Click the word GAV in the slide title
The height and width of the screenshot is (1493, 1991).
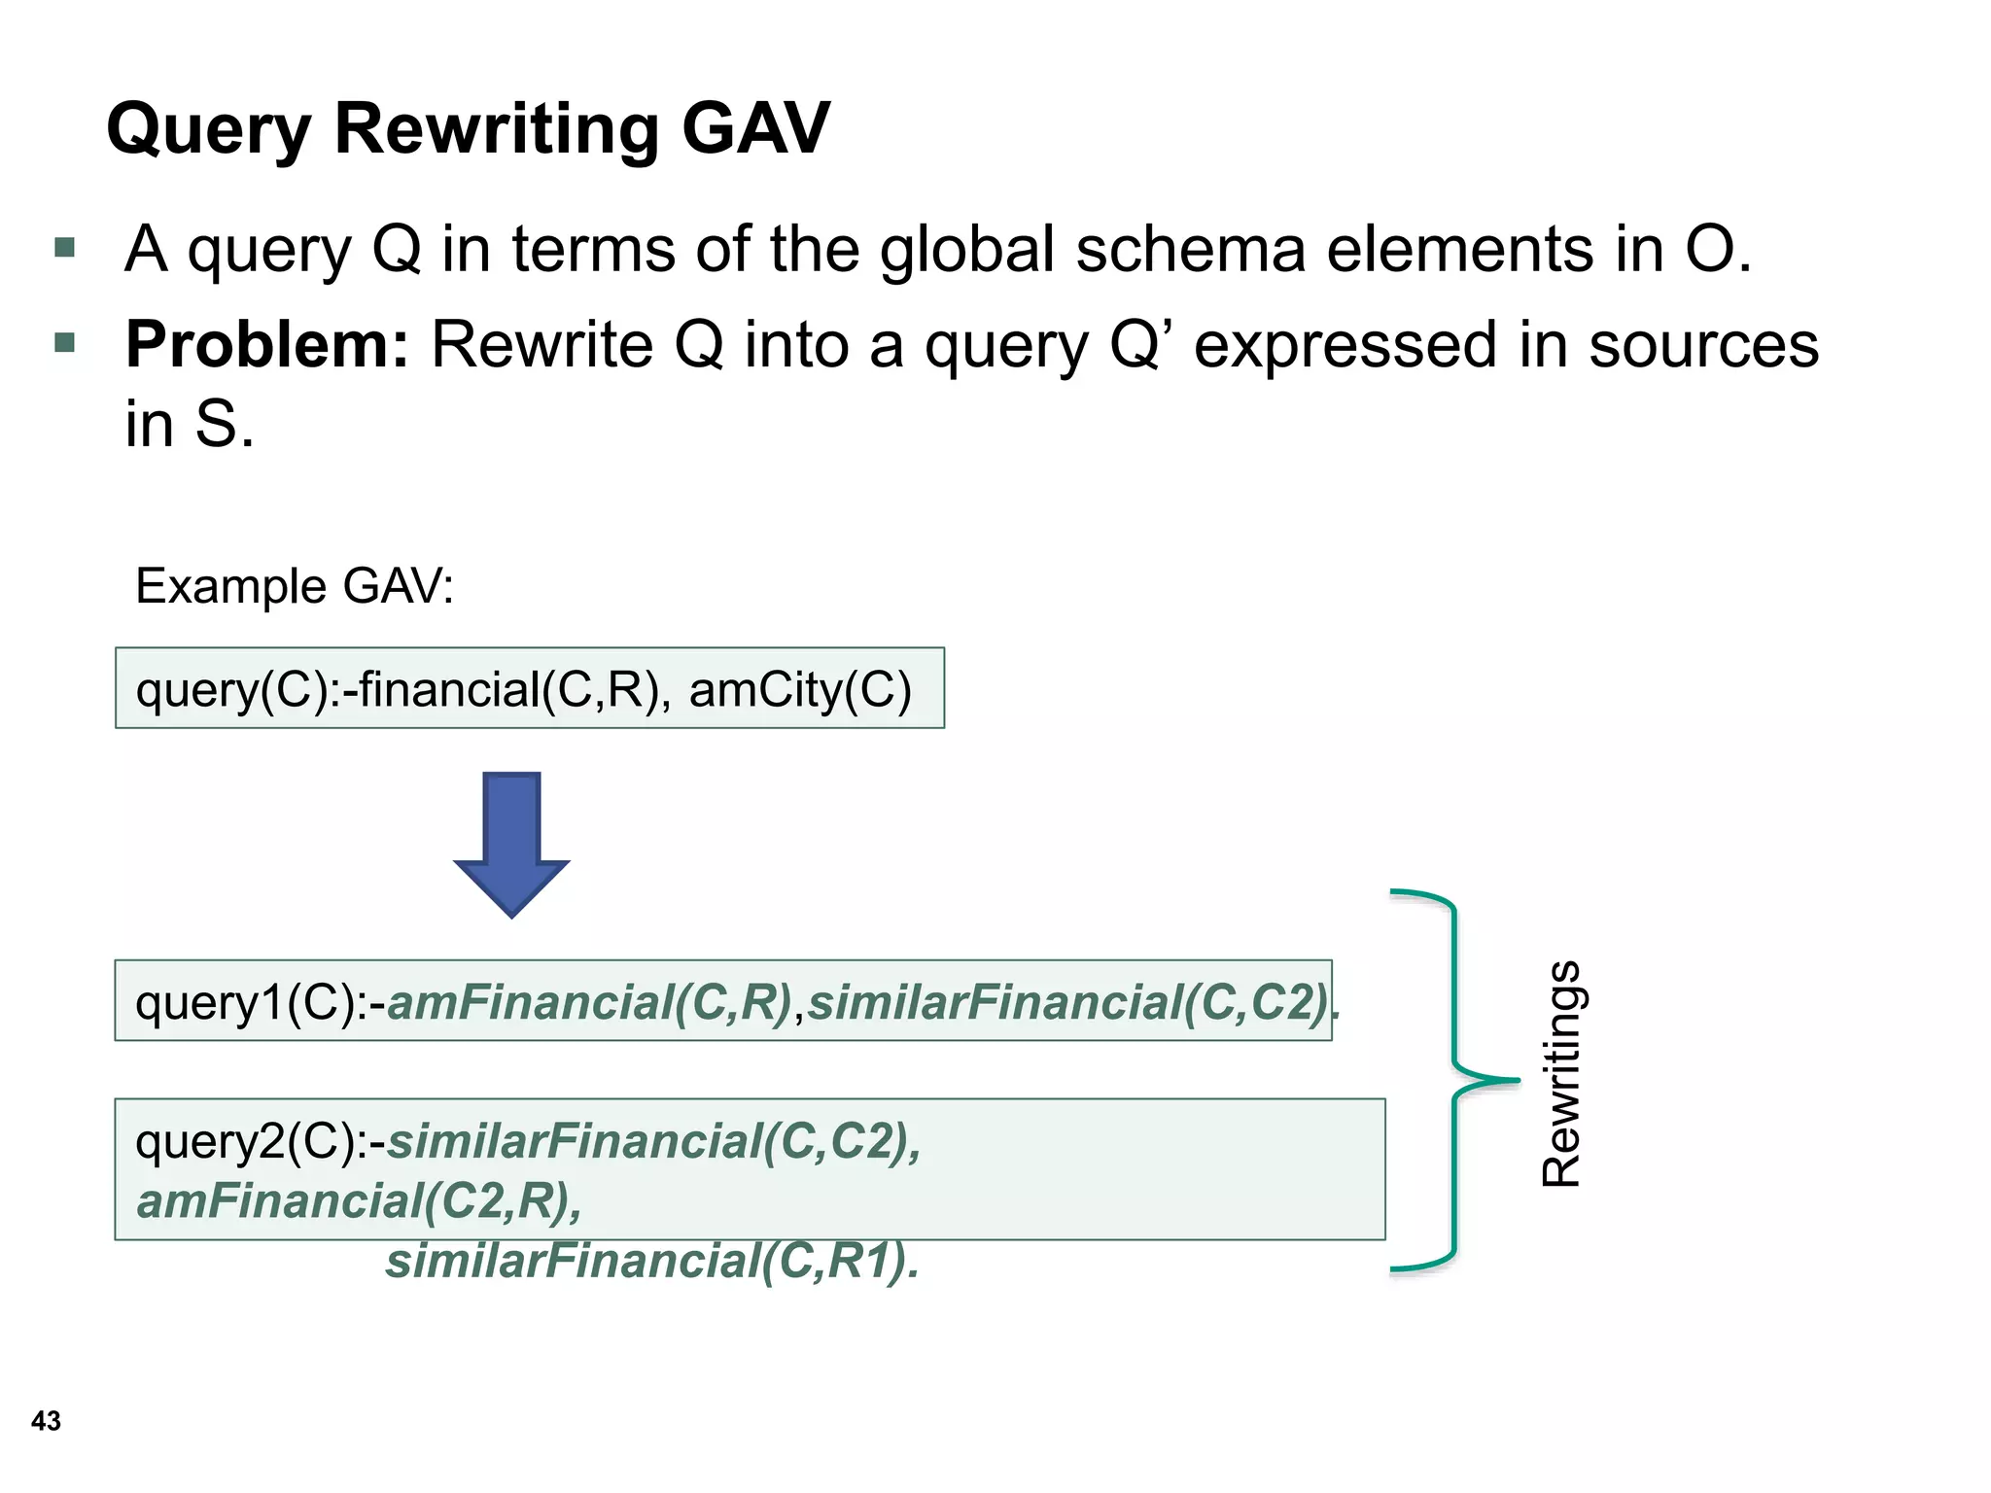coord(755,128)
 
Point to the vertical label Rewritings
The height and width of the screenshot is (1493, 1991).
coord(1562,1073)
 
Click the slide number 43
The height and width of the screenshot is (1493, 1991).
coord(46,1421)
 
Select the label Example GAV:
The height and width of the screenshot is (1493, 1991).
coord(295,586)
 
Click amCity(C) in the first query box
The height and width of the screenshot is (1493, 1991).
coord(800,689)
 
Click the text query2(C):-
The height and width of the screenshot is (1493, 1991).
coord(261,1141)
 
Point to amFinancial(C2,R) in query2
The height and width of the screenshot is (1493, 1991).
coord(359,1201)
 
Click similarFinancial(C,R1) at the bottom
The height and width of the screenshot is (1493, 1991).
coord(652,1262)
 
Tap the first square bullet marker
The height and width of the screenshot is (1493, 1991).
coord(65,248)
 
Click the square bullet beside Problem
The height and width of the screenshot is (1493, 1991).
coord(65,342)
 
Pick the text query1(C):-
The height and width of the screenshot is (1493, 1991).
coord(261,1002)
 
